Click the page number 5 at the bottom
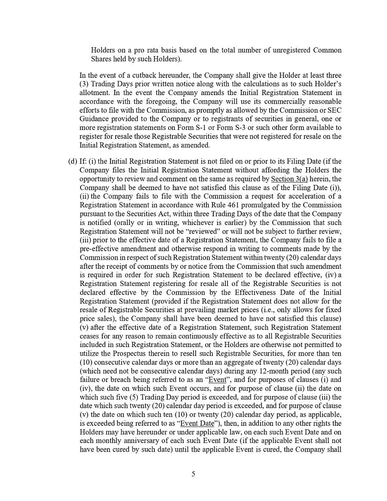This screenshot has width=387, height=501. click(x=193, y=474)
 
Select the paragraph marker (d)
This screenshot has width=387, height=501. click(x=72, y=161)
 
